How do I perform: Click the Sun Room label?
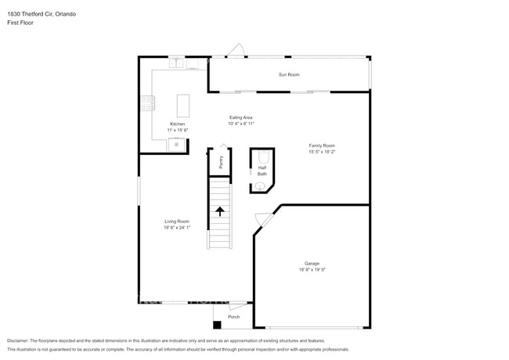[x=289, y=74]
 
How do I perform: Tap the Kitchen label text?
[x=178, y=124]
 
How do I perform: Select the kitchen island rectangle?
[x=182, y=105]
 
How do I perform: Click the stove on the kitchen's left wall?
[x=146, y=103]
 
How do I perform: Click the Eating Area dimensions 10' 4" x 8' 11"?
[x=241, y=124]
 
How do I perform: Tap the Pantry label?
[x=221, y=162]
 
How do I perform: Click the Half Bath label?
[x=262, y=171]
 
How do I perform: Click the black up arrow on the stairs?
[x=220, y=211]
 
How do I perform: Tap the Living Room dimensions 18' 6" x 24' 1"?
[x=176, y=228]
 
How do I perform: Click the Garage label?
[x=312, y=264]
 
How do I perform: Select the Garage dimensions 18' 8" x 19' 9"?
[x=312, y=270]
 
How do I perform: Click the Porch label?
[x=233, y=317]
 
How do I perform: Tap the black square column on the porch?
[x=217, y=325]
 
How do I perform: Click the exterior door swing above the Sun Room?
[x=235, y=51]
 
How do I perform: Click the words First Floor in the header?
[x=21, y=23]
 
